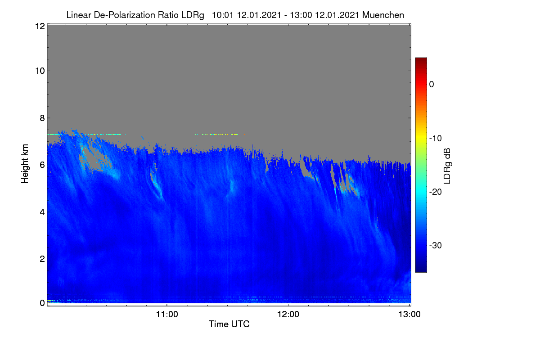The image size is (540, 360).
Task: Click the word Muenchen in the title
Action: (383, 15)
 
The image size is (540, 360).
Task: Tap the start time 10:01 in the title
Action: (222, 15)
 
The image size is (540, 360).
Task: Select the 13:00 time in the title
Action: (301, 15)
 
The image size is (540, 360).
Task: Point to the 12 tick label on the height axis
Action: (40, 26)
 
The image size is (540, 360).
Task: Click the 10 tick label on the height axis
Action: (40, 71)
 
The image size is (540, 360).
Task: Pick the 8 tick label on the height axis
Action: (42, 118)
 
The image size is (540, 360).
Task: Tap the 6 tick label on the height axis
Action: (42, 165)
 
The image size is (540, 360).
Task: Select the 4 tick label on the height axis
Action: (42, 212)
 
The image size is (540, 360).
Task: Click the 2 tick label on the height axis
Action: (42, 259)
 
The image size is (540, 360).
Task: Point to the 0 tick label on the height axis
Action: (42, 303)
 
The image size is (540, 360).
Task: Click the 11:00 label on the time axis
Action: (167, 315)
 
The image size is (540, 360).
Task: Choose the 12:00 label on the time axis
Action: (288, 315)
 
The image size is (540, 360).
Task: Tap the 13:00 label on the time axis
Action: (409, 315)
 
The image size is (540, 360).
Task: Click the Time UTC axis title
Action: (229, 324)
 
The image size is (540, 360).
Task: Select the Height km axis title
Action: (25, 164)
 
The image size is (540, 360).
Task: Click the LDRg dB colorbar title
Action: (447, 166)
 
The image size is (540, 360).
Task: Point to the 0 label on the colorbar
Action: (432, 85)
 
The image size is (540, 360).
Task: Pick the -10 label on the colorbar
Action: (436, 139)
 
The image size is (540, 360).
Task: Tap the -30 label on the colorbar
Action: (436, 245)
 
